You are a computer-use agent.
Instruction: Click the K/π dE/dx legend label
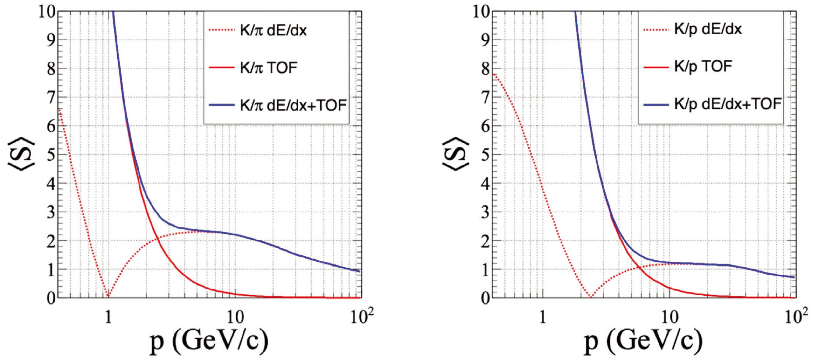pyautogui.click(x=273, y=31)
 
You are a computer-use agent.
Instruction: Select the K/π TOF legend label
pyautogui.click(x=268, y=68)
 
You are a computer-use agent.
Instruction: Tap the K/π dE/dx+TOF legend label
pyautogui.click(x=293, y=105)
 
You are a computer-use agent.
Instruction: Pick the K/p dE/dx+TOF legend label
pyautogui.click(x=728, y=104)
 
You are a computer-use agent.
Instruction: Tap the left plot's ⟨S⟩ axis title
pyautogui.click(x=22, y=154)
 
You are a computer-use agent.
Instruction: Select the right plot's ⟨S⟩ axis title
pyautogui.click(x=455, y=154)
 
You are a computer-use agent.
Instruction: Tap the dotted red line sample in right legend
pyautogui.click(x=656, y=30)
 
